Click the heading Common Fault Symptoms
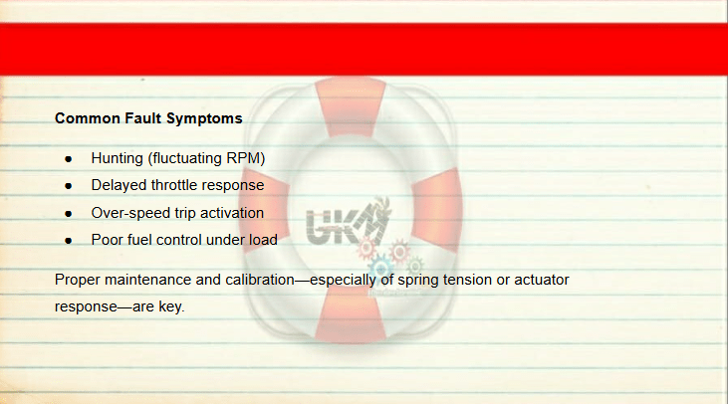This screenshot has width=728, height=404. (148, 118)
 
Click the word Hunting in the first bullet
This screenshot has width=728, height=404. (117, 158)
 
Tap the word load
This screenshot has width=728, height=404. (263, 240)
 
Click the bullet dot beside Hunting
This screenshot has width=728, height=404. (69, 159)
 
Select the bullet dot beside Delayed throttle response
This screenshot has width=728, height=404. (69, 186)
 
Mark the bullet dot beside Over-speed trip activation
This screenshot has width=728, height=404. (69, 214)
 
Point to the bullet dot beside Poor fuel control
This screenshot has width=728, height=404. (69, 241)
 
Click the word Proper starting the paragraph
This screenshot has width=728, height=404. (78, 281)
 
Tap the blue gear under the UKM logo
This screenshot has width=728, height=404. (380, 268)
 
